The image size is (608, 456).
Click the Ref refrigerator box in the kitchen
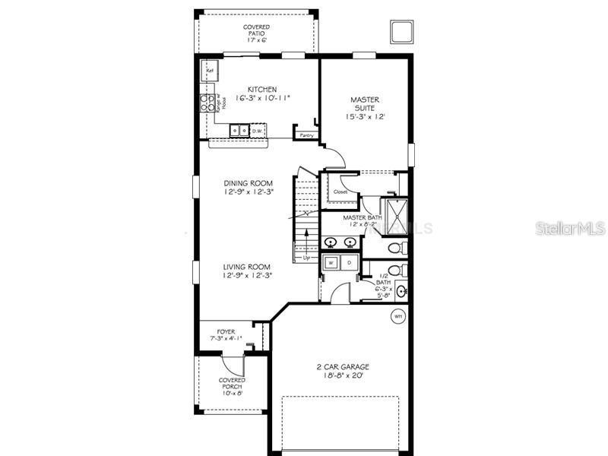pos(209,71)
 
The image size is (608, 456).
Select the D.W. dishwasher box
pos(258,130)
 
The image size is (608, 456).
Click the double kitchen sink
pos(239,130)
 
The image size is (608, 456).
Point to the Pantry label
pos(307,135)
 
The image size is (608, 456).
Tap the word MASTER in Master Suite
pos(365,100)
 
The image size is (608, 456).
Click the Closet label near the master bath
pos(340,192)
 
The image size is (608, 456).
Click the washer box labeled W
pos(332,263)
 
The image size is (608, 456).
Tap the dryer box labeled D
pos(349,263)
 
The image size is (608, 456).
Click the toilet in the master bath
pos(395,247)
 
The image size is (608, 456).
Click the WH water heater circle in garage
pos(397,315)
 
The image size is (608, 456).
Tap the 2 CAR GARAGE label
pos(343,367)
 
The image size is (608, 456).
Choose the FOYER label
pos(226,331)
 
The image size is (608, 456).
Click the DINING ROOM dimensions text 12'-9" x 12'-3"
pos(247,192)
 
